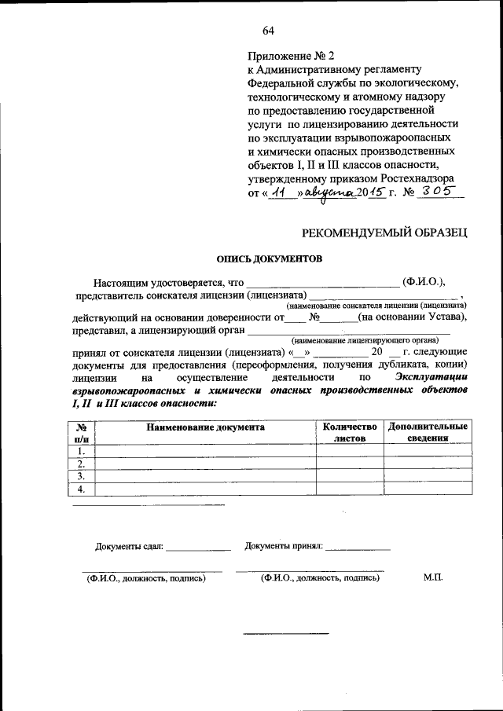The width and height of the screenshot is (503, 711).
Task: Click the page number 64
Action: pyautogui.click(x=268, y=31)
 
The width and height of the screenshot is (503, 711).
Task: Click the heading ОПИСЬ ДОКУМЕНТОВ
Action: pyautogui.click(x=270, y=258)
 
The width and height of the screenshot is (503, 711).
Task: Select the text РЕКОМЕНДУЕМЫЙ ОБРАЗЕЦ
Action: pyautogui.click(x=386, y=231)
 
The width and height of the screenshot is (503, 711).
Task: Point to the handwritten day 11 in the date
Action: pyautogui.click(x=274, y=194)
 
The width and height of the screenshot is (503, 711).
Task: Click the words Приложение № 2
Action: pyautogui.click(x=291, y=57)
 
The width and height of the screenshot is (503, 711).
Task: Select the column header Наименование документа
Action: pyautogui.click(x=205, y=427)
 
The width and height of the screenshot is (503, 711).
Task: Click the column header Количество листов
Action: pyautogui.click(x=350, y=433)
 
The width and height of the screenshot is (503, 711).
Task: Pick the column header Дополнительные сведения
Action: pyautogui.click(x=428, y=433)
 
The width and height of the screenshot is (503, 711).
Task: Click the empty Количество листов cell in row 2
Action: pyautogui.click(x=350, y=464)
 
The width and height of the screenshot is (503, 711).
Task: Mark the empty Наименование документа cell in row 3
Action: pyautogui.click(x=205, y=477)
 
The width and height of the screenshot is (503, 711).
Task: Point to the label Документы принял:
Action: pyautogui.click(x=284, y=546)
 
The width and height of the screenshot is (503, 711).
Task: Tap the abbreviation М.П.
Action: pyautogui.click(x=433, y=577)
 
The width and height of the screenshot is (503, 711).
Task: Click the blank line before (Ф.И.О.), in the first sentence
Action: pyautogui.click(x=323, y=282)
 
